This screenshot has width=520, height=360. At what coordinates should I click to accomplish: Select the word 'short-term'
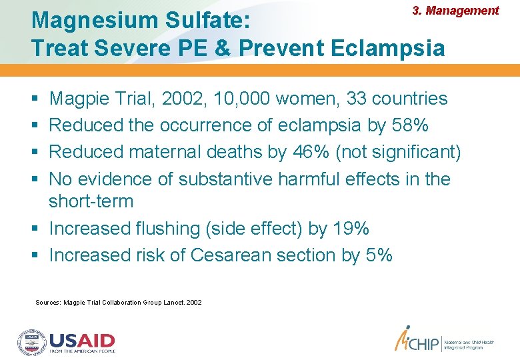click(91, 201)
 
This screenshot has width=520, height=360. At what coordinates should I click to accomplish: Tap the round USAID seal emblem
click(31, 341)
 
